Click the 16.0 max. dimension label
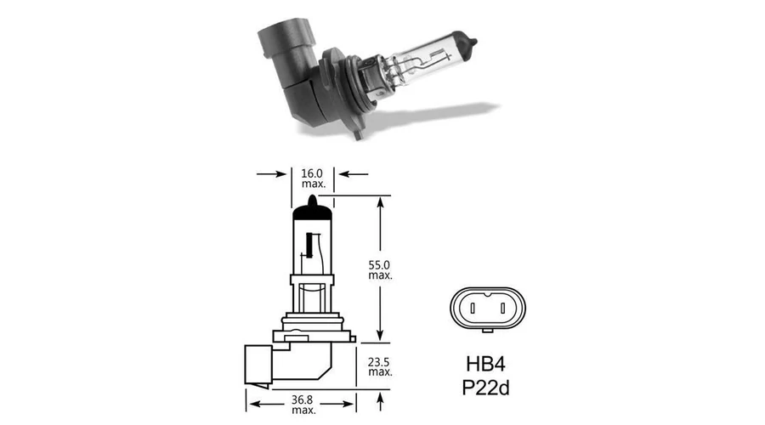point(313,178)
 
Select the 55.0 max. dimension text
point(380,269)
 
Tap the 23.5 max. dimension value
point(380,367)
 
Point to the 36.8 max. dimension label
point(303,405)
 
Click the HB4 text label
point(485,364)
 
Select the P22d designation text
point(485,388)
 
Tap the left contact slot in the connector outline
point(472,309)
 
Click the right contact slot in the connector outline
point(502,309)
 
